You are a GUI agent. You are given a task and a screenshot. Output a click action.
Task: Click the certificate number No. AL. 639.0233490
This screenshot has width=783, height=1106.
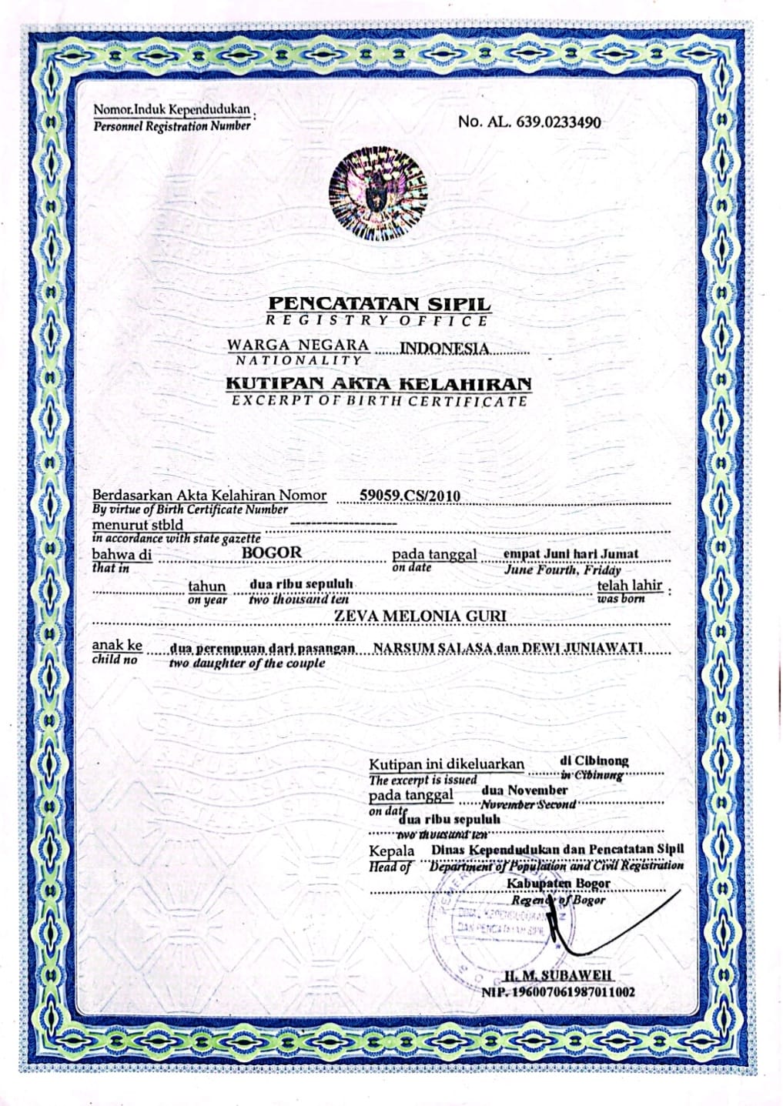coord(530,122)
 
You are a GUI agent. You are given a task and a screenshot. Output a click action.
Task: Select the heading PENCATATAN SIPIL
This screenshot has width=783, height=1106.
coord(378,304)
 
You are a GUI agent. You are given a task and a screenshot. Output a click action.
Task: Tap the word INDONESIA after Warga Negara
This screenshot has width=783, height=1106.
coord(444,348)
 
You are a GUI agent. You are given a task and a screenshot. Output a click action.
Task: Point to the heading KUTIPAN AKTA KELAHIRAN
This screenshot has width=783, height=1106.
coord(378,383)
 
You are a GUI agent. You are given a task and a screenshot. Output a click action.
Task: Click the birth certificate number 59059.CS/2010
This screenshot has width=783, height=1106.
coord(410,495)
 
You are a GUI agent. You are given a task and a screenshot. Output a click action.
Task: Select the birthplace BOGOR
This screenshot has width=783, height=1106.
coord(272,552)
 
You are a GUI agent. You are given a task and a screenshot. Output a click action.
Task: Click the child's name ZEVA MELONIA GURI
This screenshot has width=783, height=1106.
coord(420,616)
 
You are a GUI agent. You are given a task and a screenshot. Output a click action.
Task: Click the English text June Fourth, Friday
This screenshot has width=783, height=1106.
coord(562,570)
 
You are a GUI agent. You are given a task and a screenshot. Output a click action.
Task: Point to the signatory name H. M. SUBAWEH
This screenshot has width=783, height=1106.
coord(559,976)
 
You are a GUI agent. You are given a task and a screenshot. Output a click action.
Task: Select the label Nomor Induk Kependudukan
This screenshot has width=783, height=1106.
coord(172,110)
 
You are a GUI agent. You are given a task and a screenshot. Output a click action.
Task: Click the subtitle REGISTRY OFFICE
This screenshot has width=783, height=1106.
coord(377,321)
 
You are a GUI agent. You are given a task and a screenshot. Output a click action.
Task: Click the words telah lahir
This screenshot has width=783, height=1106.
coord(629,584)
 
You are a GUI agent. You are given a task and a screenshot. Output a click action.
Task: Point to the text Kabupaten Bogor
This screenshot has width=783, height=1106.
coord(558,883)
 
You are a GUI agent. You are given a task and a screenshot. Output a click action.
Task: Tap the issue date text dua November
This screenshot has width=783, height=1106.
coord(524,790)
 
